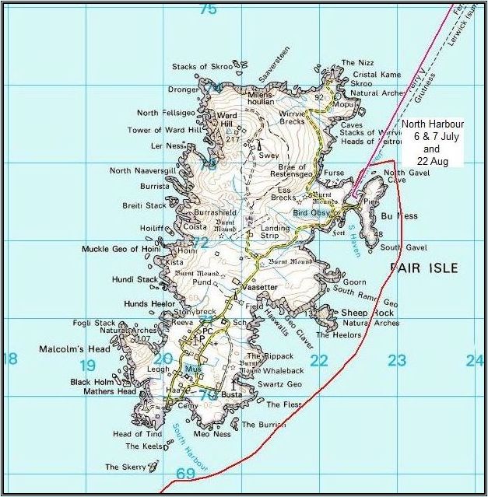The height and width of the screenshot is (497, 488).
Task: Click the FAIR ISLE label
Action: coord(423,268)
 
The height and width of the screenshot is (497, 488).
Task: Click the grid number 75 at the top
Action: coord(207,9)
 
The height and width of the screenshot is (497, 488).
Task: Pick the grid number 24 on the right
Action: coord(474,360)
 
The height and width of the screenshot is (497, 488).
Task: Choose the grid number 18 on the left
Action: coord(9,359)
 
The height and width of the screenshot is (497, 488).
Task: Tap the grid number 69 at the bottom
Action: coord(185,474)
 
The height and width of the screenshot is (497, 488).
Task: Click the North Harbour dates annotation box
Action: coord(432,142)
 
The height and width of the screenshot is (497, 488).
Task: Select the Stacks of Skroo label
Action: coord(202,67)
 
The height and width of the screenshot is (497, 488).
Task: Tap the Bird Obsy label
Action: coord(311,212)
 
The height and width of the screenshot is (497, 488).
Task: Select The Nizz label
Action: coord(358,63)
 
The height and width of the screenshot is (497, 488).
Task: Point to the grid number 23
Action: coord(397,361)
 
